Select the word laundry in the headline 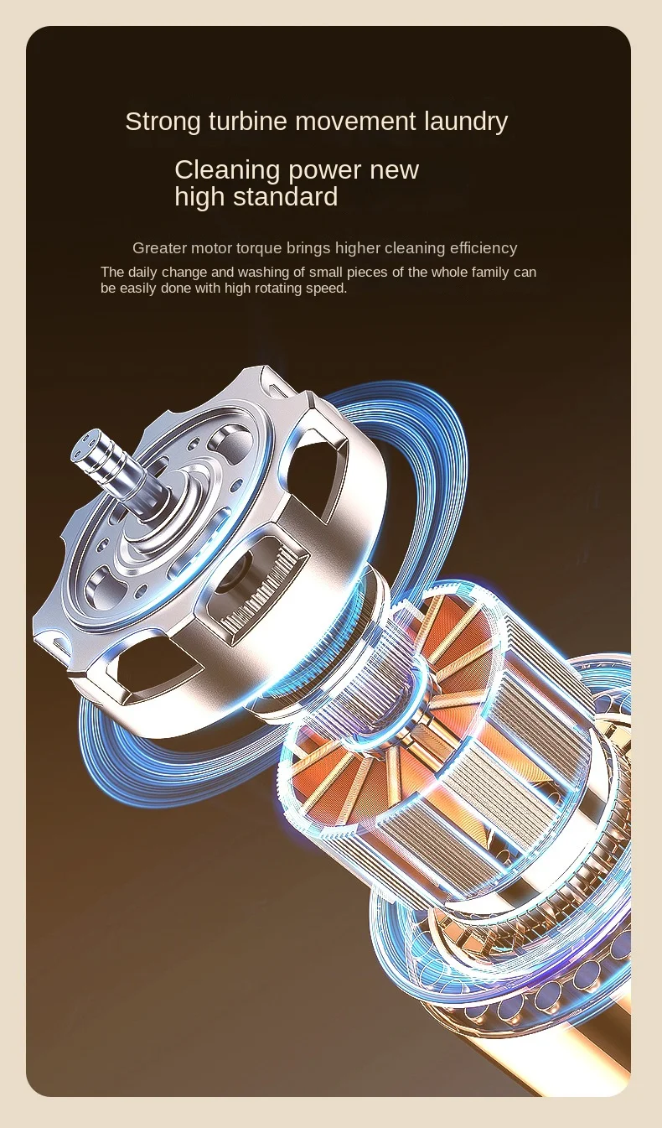click(x=466, y=122)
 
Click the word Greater click(x=159, y=247)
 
